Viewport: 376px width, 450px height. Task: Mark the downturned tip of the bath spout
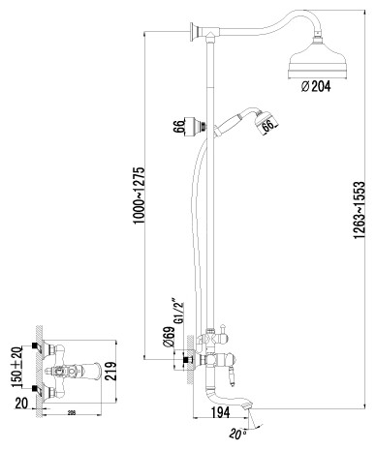(x=253, y=417)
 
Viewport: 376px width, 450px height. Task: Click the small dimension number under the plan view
(x=74, y=414)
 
